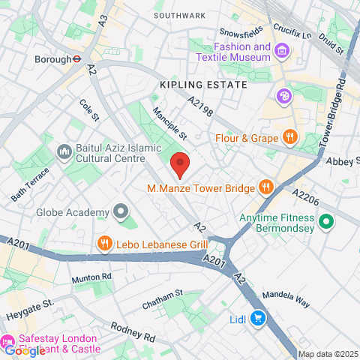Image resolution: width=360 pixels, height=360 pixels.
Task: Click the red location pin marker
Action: pos(178,163)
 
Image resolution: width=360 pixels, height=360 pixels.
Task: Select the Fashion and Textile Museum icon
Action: pos(283,51)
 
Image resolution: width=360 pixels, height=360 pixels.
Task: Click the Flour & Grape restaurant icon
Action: pos(289,137)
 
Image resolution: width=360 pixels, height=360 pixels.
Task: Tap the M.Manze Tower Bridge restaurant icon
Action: pos(265,187)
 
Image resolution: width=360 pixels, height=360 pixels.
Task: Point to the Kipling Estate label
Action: pos(203,85)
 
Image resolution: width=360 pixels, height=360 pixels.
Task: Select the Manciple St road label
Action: pos(169,124)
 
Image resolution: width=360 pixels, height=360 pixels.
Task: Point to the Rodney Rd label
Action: pos(131,330)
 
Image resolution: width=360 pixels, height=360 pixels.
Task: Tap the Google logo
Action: pos(24,350)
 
